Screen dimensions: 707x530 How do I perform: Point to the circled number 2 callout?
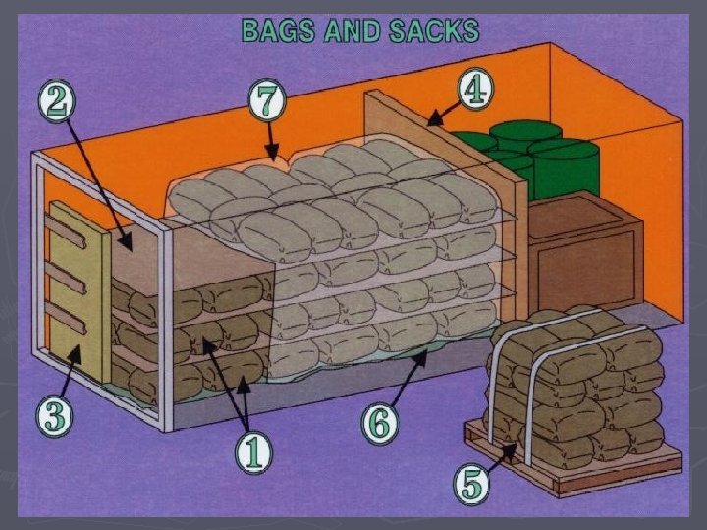tap(56, 99)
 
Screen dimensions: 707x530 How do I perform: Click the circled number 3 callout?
tap(55, 417)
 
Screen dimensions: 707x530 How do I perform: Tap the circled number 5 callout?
tap(473, 483)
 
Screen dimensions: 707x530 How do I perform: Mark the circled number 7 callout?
tap(267, 99)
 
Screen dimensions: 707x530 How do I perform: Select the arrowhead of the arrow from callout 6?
tap(424, 355)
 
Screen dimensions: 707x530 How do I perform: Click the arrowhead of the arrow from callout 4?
tap(428, 122)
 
